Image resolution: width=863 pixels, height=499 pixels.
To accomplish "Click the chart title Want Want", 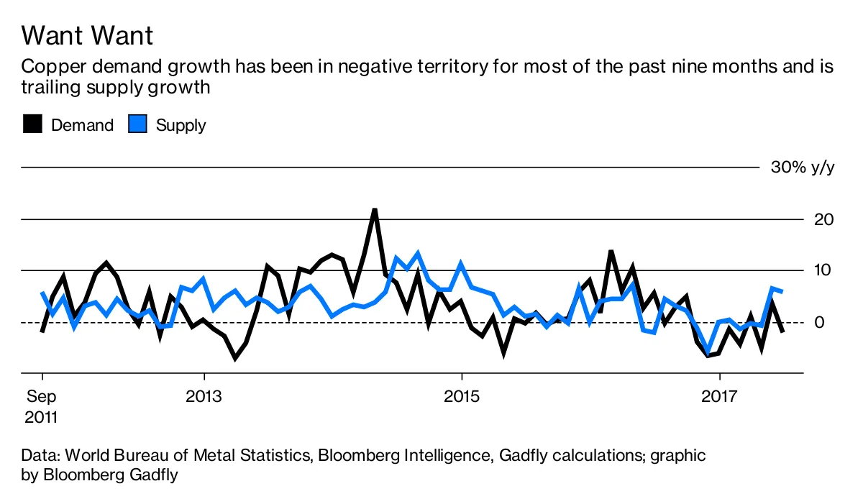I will click(87, 35).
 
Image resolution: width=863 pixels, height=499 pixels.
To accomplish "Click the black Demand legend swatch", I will click(33, 124).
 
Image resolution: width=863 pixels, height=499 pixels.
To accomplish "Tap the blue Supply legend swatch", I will click(137, 124).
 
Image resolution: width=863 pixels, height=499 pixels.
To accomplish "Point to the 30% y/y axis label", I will click(803, 168).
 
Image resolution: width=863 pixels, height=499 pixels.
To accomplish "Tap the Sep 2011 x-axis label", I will click(42, 406).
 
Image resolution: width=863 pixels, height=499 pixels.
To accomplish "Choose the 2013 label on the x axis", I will click(204, 396).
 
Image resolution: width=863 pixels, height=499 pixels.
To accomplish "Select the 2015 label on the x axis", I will click(462, 396).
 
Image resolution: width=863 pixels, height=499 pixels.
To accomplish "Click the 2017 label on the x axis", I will click(720, 396).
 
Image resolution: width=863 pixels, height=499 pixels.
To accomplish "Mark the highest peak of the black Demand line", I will click(375, 209).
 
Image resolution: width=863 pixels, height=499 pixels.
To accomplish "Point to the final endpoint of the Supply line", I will click(782, 291).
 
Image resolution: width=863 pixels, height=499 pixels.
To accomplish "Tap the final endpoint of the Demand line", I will click(782, 331).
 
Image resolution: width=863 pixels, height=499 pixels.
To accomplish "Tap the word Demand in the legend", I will click(83, 125).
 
